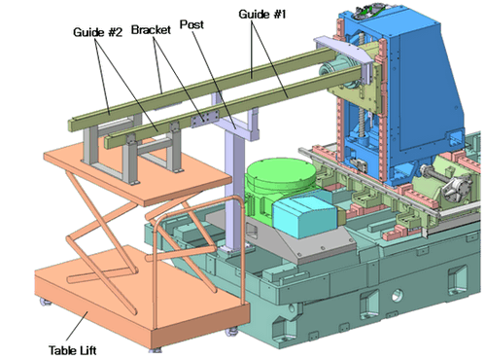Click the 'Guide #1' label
262,15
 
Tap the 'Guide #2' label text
97,32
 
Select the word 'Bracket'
151,30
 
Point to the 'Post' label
191,24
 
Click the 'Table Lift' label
73,350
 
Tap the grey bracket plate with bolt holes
205,119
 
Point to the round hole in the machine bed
398,296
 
